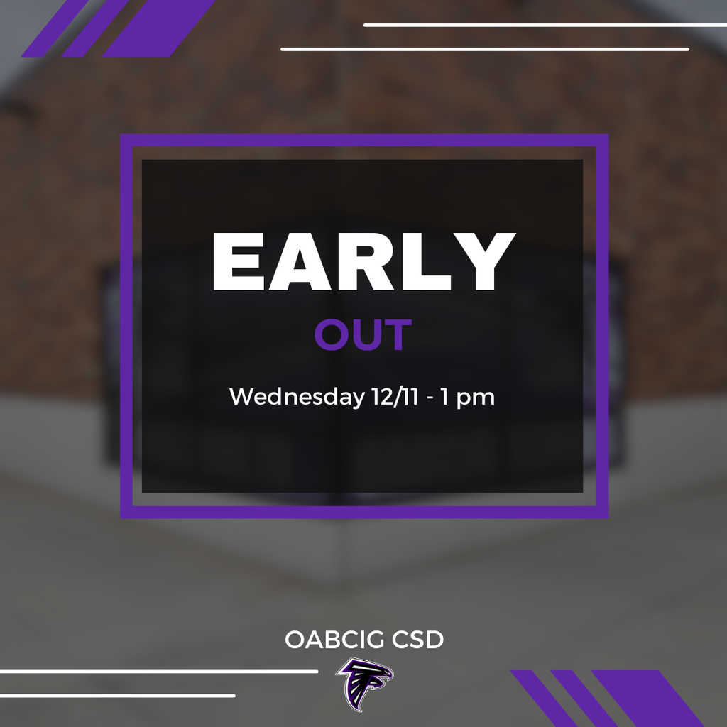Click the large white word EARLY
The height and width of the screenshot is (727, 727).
[364, 262]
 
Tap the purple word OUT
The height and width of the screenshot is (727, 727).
[363, 335]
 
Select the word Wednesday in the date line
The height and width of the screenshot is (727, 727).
[297, 398]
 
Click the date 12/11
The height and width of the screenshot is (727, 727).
[395, 397]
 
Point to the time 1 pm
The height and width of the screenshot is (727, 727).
[467, 398]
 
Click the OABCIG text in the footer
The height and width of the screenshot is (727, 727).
[335, 640]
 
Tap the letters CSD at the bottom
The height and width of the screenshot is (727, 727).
[417, 640]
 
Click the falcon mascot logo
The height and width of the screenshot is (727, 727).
[364, 684]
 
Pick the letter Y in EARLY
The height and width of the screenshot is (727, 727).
[486, 262]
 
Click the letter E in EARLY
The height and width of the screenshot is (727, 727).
[239, 262]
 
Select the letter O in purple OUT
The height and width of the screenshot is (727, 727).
[331, 335]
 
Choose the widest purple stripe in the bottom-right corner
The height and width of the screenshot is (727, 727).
[649, 699]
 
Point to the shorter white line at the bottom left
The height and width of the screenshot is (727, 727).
[117, 696]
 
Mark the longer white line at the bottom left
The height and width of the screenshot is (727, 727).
[159, 672]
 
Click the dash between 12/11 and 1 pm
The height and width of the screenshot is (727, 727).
[430, 399]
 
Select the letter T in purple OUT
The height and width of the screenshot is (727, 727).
[398, 335]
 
